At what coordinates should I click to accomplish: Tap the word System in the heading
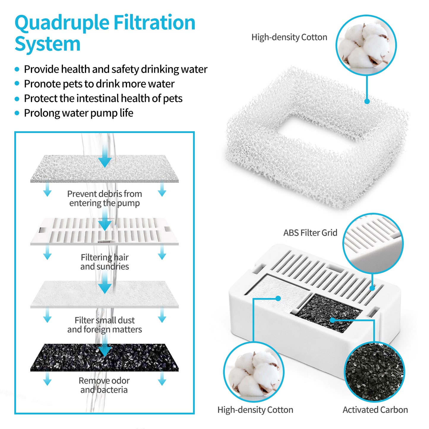click(x=48, y=44)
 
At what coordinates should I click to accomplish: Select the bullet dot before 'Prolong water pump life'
click(x=17, y=113)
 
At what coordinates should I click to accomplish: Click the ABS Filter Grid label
click(x=310, y=233)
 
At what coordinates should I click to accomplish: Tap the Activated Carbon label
click(x=375, y=410)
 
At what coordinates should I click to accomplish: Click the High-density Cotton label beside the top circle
click(x=289, y=37)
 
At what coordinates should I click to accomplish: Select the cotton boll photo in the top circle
click(x=366, y=45)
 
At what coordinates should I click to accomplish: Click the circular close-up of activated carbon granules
click(x=374, y=372)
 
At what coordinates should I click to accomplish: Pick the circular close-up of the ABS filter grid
click(x=373, y=243)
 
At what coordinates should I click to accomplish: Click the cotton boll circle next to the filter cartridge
click(x=254, y=372)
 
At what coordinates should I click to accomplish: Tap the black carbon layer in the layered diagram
click(x=105, y=358)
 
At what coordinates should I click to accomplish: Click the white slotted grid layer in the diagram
click(x=105, y=232)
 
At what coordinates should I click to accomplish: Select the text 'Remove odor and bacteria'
click(x=104, y=385)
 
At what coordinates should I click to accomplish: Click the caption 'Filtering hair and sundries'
click(x=105, y=262)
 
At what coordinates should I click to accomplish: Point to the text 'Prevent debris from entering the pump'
click(x=105, y=198)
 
